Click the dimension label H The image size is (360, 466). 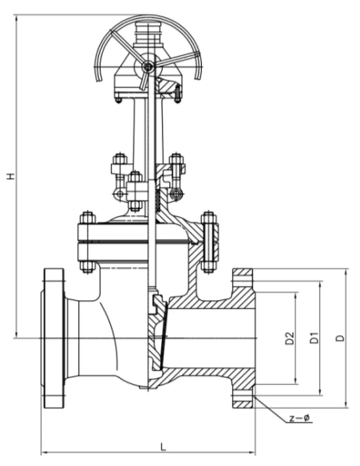10,176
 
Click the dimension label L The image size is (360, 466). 163,446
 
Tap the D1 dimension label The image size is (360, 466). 315,338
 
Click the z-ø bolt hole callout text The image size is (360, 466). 300,418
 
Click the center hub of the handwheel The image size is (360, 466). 148,66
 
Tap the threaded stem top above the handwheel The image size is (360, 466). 148,34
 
